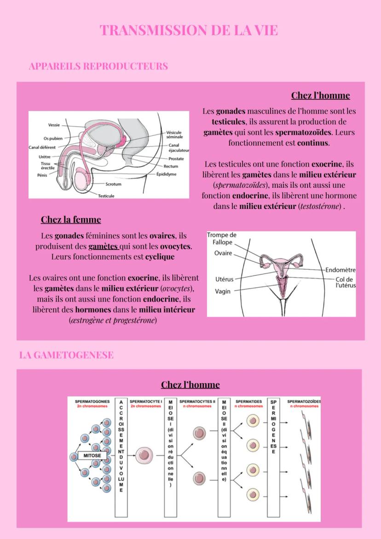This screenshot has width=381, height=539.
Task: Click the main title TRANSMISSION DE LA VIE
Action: [189, 30]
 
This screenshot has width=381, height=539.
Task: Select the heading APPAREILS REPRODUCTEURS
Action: [98, 66]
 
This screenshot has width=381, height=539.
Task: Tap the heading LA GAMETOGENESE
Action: [66, 355]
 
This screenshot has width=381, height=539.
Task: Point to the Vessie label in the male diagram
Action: [54, 125]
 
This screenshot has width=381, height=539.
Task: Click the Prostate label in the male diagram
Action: [176, 159]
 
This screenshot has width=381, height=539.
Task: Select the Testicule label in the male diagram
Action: [106, 196]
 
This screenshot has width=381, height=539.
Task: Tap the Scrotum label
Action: [113, 184]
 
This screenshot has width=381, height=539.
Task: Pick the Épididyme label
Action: [170, 174]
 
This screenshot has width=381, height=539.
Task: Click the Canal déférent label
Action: [42, 147]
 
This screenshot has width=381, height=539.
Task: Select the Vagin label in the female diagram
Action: [223, 291]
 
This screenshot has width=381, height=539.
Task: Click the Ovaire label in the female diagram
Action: [223, 253]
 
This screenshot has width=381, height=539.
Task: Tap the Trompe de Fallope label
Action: [222, 238]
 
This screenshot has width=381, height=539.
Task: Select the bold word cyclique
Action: [160, 257]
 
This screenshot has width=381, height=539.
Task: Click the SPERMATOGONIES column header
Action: [92, 401]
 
